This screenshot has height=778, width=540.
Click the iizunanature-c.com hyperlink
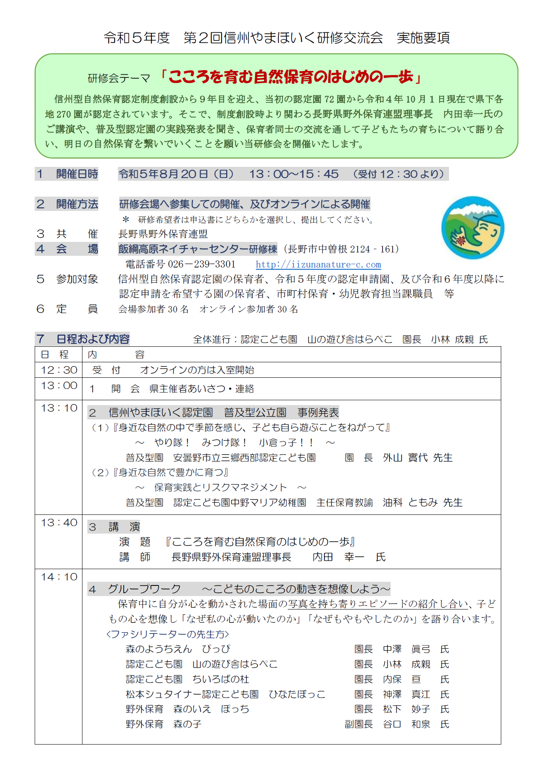[318, 264]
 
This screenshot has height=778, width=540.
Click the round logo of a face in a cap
[472, 228]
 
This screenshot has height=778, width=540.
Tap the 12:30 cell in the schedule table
[59, 370]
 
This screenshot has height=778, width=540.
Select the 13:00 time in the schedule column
[59, 386]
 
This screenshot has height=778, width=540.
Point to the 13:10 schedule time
[59, 408]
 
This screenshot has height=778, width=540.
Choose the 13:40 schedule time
[59, 523]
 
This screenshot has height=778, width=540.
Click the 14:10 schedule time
[59, 577]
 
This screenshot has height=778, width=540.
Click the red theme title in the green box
[291, 77]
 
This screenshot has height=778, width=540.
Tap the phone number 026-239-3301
[202, 264]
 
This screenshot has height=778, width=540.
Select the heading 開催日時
[77, 174]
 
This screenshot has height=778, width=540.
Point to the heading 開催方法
[77, 204]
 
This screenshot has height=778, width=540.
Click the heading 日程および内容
[93, 339]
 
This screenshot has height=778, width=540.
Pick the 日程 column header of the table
[55, 355]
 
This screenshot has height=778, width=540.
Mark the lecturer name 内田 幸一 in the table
[338, 557]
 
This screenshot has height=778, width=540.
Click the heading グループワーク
[144, 589]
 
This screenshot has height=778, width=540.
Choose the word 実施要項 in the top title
[423, 38]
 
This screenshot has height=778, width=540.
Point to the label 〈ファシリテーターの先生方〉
[167, 634]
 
